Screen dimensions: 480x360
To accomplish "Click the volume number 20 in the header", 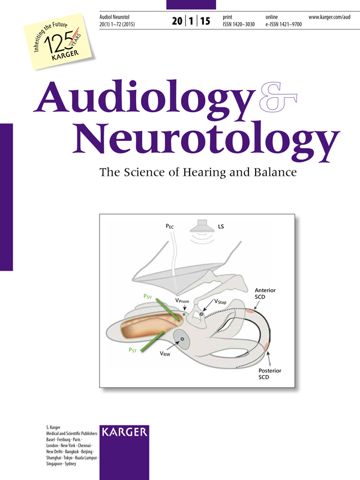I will pyautogui.click(x=178, y=21).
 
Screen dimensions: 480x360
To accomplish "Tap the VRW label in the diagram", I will pyautogui.click(x=166, y=355).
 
